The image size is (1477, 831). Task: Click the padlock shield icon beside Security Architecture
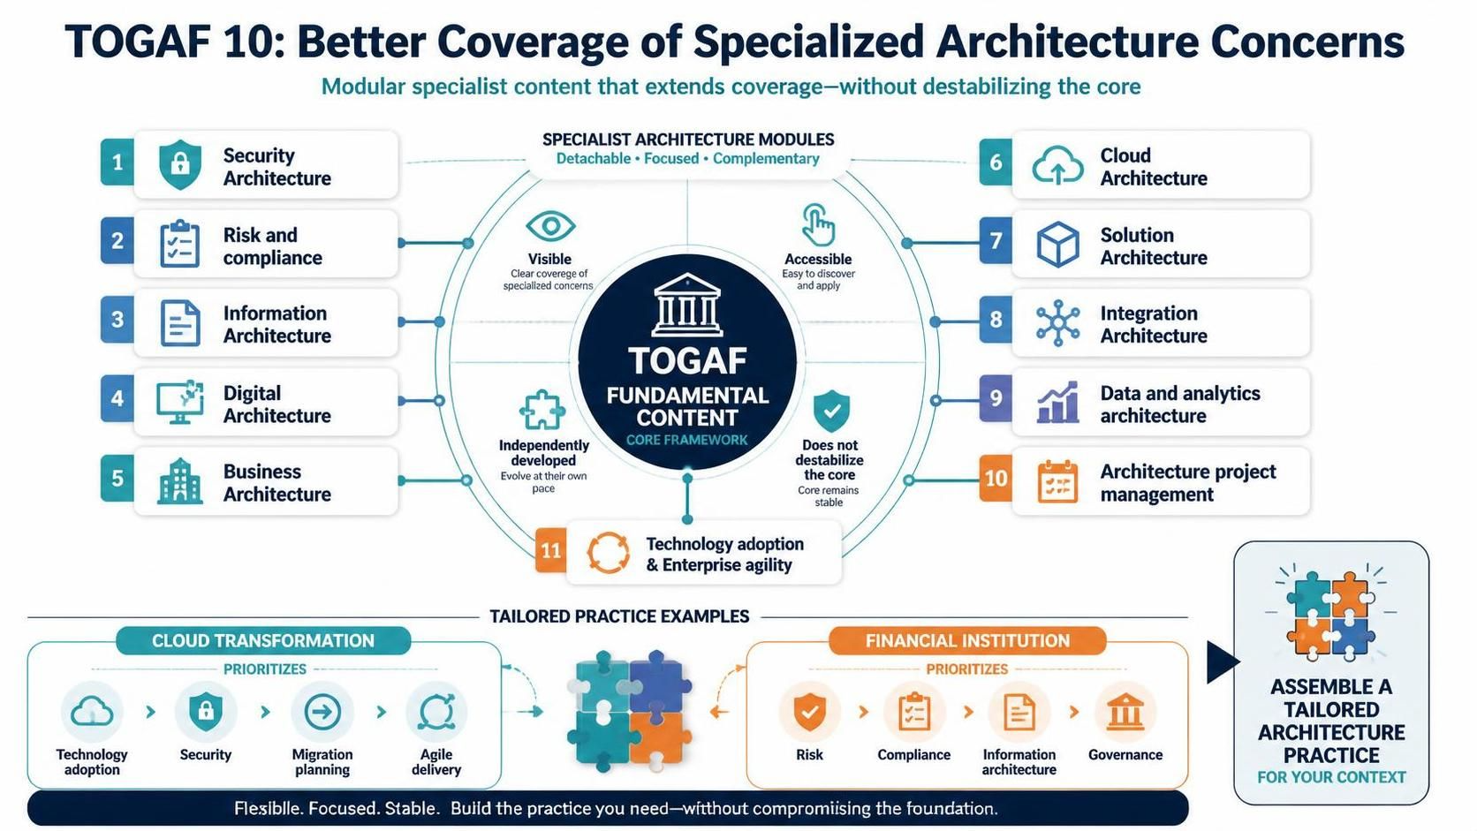point(180,164)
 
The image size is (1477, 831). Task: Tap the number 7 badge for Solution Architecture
point(996,240)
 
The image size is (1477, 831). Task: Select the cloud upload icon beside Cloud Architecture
point(1057,165)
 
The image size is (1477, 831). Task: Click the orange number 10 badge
point(996,478)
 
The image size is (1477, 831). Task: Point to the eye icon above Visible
point(550,227)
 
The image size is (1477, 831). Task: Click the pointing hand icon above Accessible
point(818,225)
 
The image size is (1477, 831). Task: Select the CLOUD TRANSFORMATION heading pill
point(263,640)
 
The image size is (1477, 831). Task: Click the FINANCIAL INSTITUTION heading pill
point(967,640)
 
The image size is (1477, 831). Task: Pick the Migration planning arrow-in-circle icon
point(322,713)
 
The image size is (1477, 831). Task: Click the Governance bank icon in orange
point(1125,713)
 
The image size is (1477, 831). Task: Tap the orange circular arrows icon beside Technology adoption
point(608,552)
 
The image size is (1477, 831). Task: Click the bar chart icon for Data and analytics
point(1057,401)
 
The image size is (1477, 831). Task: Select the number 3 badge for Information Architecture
point(117,320)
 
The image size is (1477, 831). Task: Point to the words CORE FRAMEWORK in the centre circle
point(687,440)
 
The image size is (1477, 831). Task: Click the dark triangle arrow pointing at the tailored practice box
point(1222,661)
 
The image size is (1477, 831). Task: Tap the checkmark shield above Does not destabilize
point(831,411)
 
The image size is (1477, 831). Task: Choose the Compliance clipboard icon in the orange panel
point(914,712)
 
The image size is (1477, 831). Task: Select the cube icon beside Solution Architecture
point(1057,245)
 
